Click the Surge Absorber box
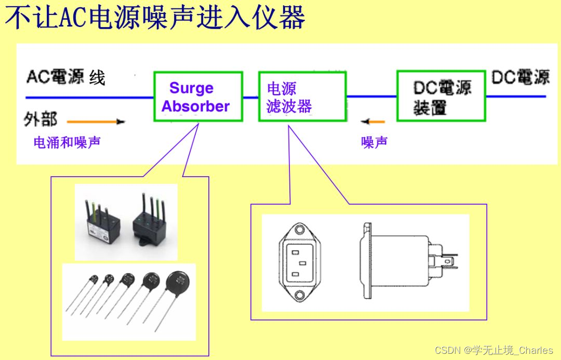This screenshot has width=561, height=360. pyautogui.click(x=198, y=97)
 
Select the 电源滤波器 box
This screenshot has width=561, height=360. pyautogui.click(x=302, y=97)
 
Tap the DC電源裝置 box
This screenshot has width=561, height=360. pyautogui.click(x=441, y=97)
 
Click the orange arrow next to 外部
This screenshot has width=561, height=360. pyautogui.click(x=96, y=122)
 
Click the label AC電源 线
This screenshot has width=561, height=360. pyautogui.click(x=65, y=77)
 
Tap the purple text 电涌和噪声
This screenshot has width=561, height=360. pyautogui.click(x=67, y=142)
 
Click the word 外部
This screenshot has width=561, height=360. pyautogui.click(x=41, y=120)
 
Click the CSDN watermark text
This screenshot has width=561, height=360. pyautogui.click(x=493, y=350)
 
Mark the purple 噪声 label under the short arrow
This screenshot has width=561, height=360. pyautogui.click(x=374, y=142)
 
